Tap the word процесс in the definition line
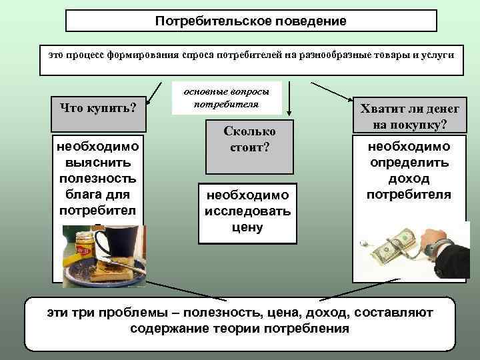(90, 53)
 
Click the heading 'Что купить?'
(99, 107)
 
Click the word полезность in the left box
(98, 178)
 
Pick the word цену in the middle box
(249, 227)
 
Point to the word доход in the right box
(408, 179)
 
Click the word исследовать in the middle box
(247, 211)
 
